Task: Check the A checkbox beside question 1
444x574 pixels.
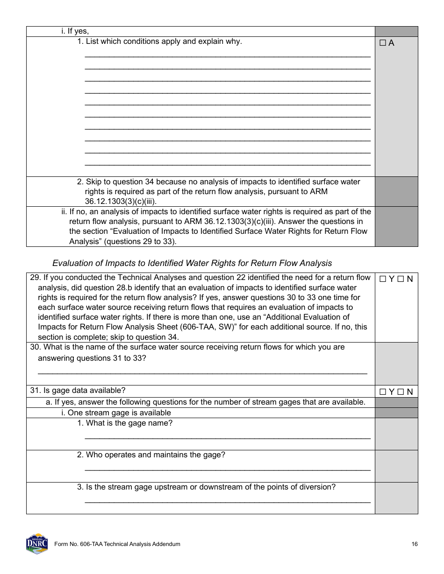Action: [382, 43]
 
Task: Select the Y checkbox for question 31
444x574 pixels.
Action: [382, 392]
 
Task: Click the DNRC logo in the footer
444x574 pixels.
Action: [37, 544]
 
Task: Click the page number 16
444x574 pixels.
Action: [415, 544]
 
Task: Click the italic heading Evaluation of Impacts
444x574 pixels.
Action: [192, 263]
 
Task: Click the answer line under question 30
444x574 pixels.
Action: [202, 373]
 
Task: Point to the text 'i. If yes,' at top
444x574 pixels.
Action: [75, 31]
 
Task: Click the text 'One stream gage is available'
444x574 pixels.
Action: [119, 413]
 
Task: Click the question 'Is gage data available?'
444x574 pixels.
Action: [84, 391]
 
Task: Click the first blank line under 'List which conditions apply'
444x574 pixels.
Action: [227, 56]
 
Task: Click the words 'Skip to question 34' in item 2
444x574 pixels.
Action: [119, 182]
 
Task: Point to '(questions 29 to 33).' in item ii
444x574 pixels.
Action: [123, 242]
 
